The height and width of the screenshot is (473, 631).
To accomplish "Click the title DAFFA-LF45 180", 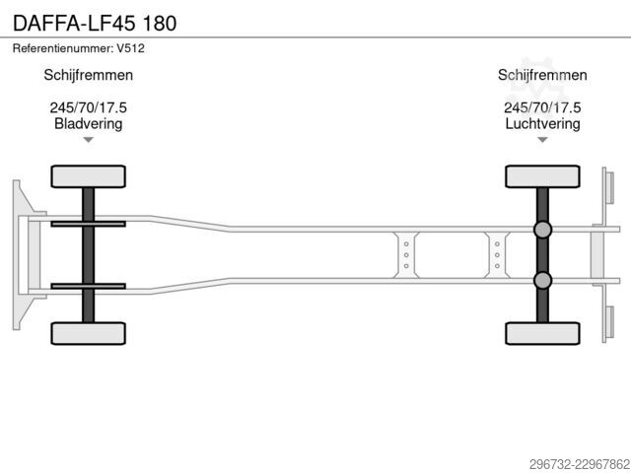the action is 95,24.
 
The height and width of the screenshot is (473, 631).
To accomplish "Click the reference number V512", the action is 130,48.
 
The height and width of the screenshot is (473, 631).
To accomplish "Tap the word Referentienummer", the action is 63,48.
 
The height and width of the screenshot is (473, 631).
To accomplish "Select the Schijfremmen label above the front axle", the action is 88,75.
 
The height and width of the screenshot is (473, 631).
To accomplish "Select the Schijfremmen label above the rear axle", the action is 542,75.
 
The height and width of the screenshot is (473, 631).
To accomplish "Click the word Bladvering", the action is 88,123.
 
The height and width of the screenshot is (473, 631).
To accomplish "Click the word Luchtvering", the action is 542,123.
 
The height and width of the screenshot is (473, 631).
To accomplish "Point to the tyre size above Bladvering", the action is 88,107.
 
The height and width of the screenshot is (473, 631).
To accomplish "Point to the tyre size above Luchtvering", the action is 542,107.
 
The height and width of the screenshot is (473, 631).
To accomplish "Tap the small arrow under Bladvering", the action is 88,140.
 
